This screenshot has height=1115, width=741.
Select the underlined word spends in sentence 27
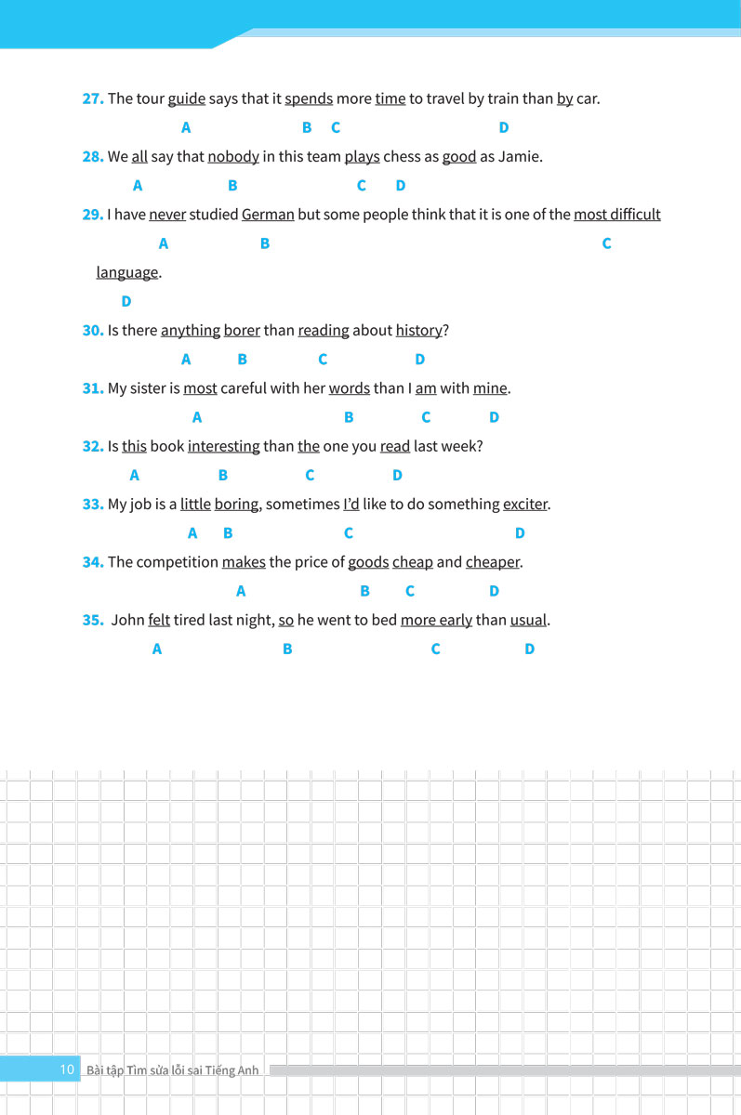[309, 98]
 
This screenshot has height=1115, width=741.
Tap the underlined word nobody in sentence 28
[233, 156]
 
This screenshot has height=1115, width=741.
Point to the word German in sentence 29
[268, 215]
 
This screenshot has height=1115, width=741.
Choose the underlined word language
[127, 272]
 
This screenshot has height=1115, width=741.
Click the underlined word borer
[242, 330]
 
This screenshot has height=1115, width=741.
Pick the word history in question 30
[418, 330]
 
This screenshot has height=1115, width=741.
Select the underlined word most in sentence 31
[200, 388]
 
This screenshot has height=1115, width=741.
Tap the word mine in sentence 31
[491, 388]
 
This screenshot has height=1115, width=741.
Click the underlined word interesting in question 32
[224, 446]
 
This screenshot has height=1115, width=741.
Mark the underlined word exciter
[525, 505]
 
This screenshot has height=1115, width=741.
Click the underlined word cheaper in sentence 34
[493, 562]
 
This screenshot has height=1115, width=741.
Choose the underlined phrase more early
[436, 620]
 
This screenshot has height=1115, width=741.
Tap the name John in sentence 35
[127, 620]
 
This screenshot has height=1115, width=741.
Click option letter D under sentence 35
[529, 649]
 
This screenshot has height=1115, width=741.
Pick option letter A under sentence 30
[186, 360]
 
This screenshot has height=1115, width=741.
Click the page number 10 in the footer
[67, 1069]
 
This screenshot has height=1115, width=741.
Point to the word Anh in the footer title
[248, 1070]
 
